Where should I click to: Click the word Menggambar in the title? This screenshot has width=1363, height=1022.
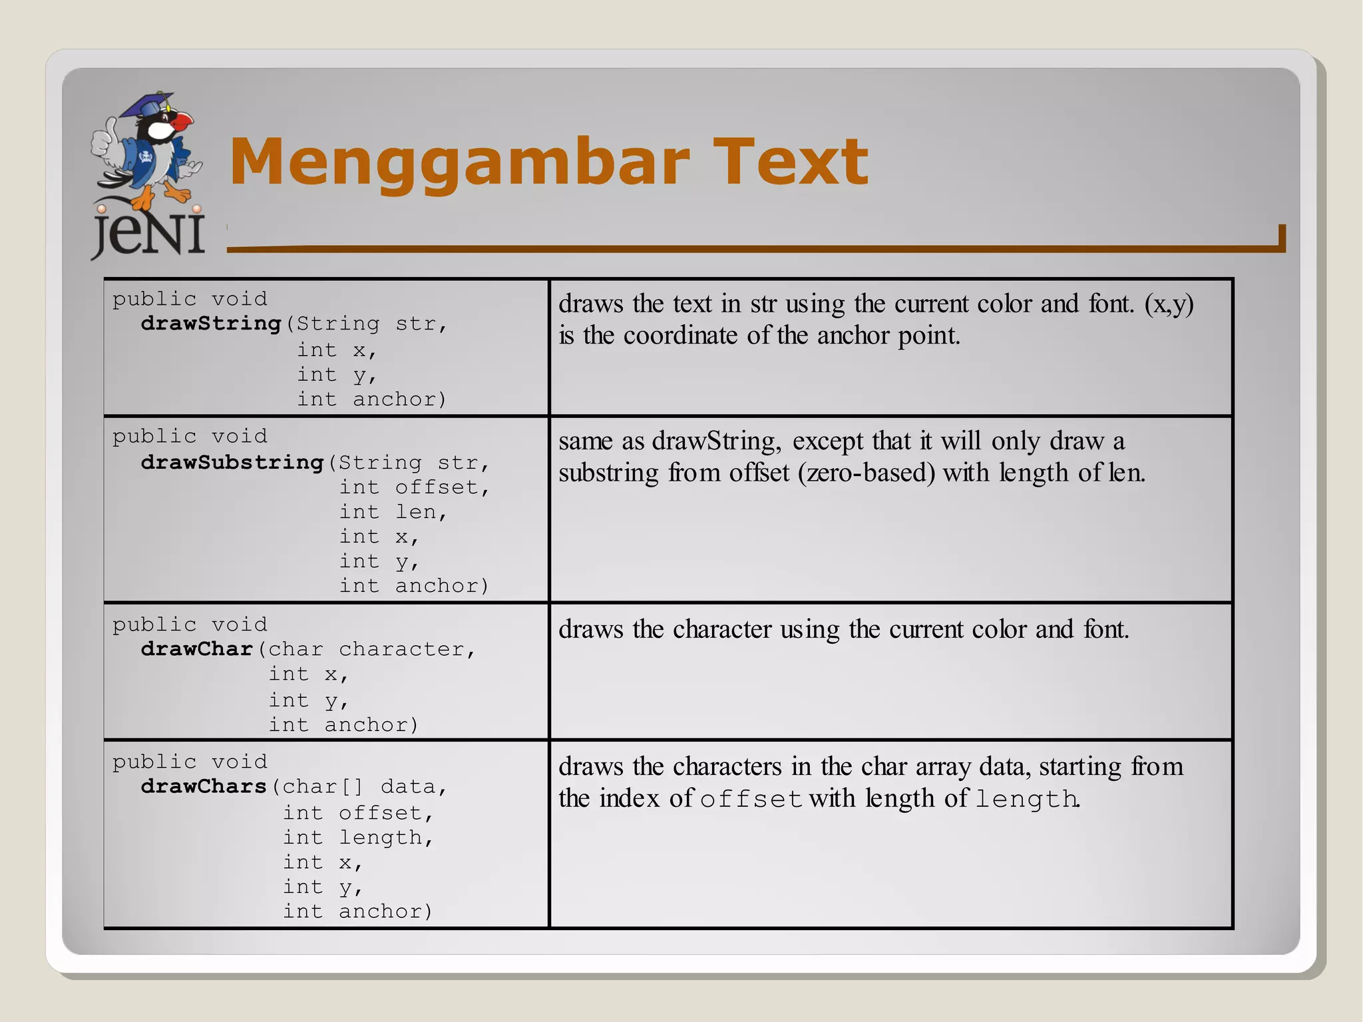(459, 162)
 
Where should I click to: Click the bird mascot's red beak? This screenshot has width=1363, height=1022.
(182, 121)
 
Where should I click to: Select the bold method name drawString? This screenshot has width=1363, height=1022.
(211, 324)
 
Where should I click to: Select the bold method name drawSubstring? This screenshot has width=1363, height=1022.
(232, 462)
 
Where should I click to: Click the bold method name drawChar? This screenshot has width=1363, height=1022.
(197, 648)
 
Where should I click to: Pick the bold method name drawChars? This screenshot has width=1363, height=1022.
(204, 786)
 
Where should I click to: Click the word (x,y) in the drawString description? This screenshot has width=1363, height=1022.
(1169, 304)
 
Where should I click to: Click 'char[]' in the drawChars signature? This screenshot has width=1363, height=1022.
(323, 786)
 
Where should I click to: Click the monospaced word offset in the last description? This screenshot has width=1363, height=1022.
(751, 799)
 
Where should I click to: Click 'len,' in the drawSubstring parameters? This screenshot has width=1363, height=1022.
(421, 512)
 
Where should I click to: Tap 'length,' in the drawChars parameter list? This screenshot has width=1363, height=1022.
(386, 838)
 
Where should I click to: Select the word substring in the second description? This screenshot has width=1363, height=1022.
(608, 473)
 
